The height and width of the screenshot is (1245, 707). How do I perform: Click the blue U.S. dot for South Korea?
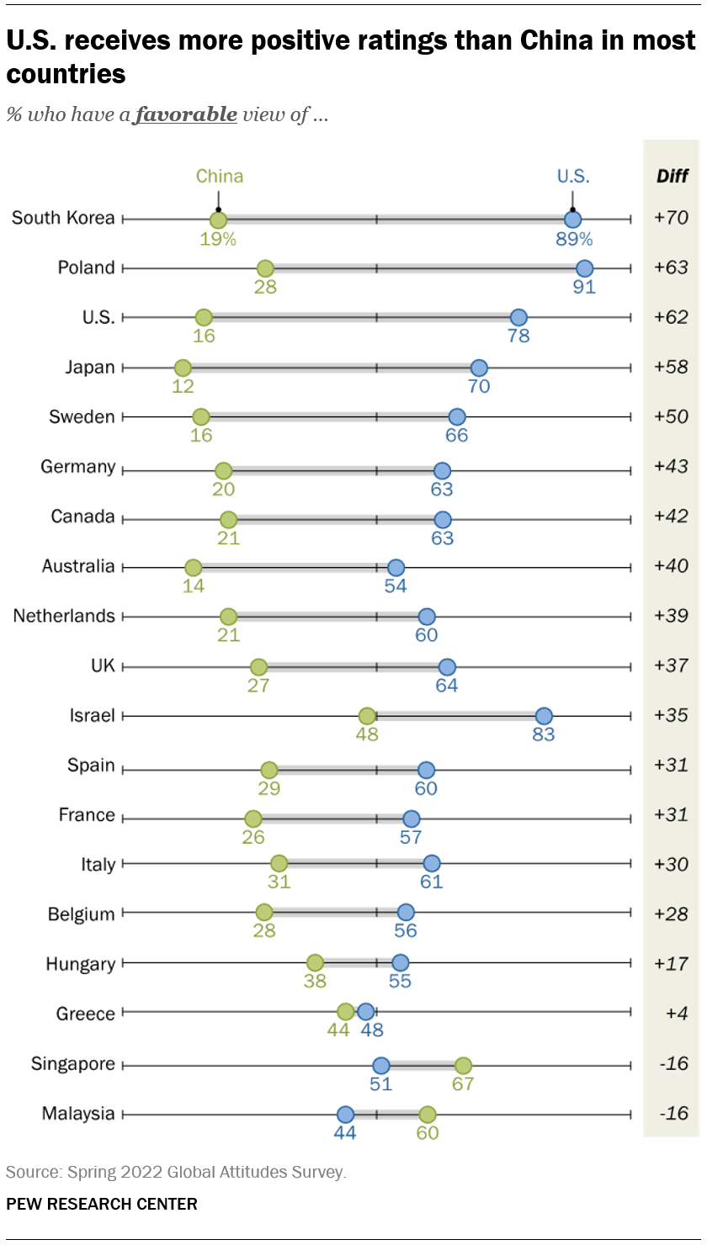(572, 220)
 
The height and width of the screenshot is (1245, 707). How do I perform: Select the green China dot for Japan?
(183, 368)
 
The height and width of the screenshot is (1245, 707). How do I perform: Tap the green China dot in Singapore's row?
(463, 1065)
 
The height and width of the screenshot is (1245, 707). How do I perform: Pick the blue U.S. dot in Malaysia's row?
(345, 1115)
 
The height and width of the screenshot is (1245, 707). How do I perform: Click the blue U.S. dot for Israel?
(544, 716)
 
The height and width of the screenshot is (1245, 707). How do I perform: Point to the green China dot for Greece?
(345, 1011)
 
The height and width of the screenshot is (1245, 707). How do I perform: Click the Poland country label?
(86, 268)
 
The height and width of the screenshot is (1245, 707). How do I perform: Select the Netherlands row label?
(64, 616)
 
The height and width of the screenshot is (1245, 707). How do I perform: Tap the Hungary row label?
(80, 964)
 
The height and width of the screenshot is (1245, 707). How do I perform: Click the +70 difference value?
(671, 219)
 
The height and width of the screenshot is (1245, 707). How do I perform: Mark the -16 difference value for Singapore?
(671, 1064)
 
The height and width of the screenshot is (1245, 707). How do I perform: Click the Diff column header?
(672, 177)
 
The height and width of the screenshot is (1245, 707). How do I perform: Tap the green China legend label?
(219, 176)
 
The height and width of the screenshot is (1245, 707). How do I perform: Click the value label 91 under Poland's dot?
(584, 288)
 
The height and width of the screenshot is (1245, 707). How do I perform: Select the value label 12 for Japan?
(183, 387)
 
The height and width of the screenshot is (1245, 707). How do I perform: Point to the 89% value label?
(573, 239)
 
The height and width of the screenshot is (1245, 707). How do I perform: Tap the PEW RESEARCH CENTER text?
(101, 1204)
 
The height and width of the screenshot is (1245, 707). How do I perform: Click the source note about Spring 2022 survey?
(176, 1171)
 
